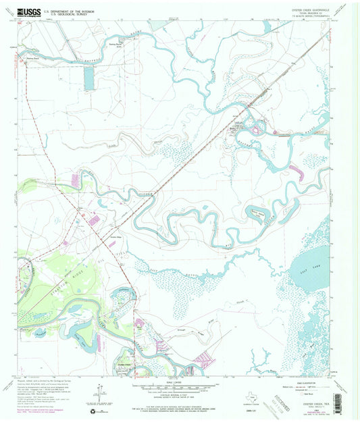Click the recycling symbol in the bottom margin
92,409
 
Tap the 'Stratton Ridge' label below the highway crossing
115,236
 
